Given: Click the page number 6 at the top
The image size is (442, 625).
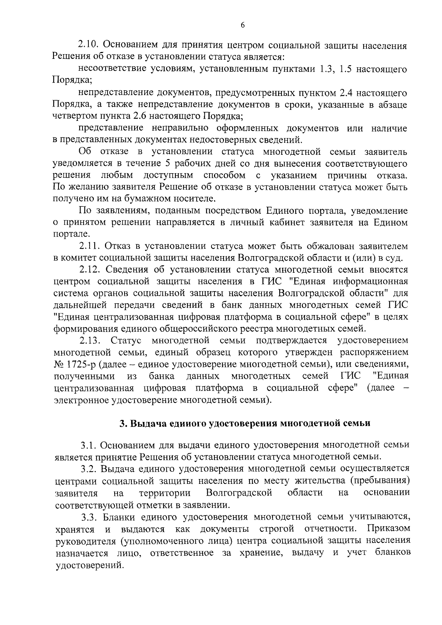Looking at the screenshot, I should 242,25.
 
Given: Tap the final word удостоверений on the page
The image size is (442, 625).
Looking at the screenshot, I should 88,565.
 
